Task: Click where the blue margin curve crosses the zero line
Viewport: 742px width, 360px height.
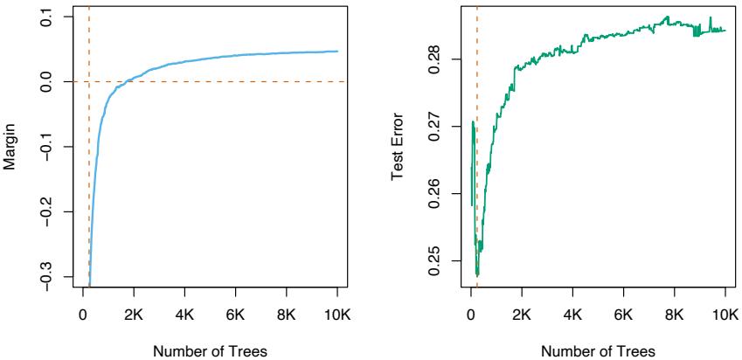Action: pyautogui.click(x=128, y=81)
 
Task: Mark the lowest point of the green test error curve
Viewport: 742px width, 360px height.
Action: pyautogui.click(x=477, y=275)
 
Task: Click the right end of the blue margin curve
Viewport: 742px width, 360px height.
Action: pyautogui.click(x=337, y=52)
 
